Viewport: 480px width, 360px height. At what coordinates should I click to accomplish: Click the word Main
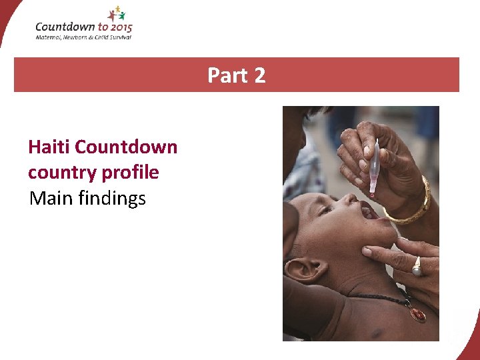point(50,198)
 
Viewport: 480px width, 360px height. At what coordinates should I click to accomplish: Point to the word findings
point(113,199)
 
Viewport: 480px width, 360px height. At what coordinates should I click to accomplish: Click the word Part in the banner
point(227,75)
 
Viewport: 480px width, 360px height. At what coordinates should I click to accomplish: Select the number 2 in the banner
point(259,75)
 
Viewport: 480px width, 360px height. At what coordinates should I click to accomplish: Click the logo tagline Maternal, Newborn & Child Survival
point(83,37)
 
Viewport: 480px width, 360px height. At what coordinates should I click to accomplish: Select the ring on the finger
point(416,266)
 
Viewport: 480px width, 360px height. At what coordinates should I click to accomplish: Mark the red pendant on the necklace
point(417,314)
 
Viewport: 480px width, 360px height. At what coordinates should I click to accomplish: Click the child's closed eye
point(325,210)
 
